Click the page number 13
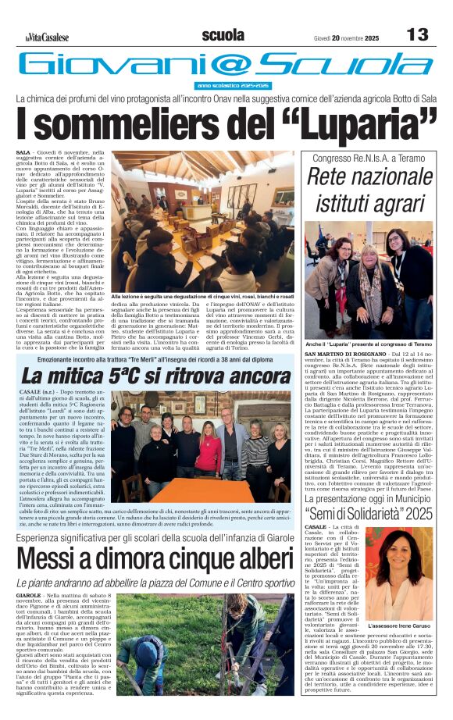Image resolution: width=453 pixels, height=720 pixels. tap(419, 34)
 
